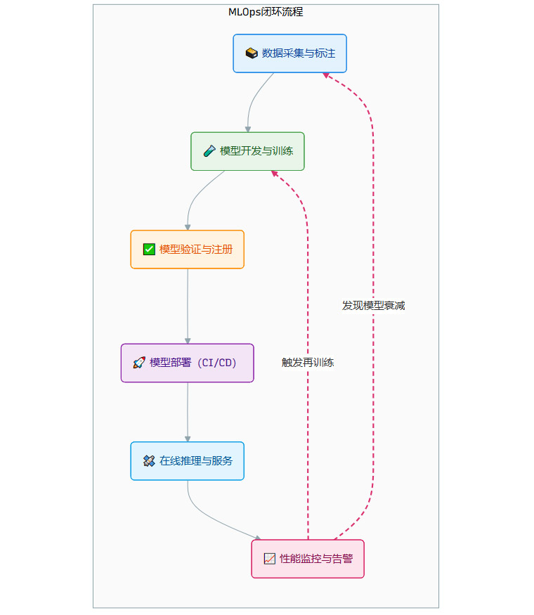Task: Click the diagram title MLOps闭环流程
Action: point(266,12)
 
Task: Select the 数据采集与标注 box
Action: point(289,53)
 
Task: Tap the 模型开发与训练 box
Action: point(247,151)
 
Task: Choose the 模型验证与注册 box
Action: point(187,249)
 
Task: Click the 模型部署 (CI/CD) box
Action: point(187,363)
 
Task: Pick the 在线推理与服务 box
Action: point(187,461)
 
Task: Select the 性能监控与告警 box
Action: point(308,559)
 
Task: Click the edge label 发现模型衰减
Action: point(373,306)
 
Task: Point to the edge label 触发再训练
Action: point(308,363)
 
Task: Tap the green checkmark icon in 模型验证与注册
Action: point(149,249)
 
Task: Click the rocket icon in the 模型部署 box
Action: point(139,363)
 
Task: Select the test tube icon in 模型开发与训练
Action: point(209,151)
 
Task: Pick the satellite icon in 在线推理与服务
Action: point(149,461)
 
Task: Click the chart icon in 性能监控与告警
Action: point(270,559)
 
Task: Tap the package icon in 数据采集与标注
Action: point(252,53)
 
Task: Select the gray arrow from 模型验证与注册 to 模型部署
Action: point(188,306)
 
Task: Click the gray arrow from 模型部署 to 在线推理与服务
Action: point(188,412)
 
